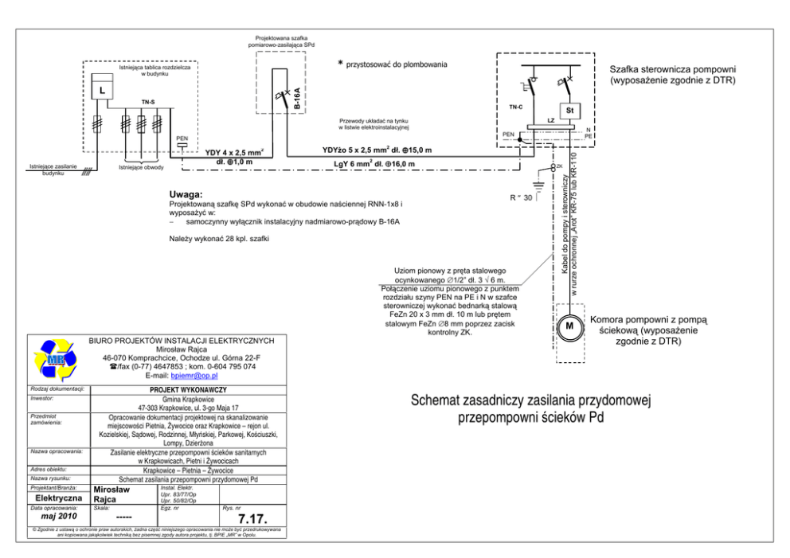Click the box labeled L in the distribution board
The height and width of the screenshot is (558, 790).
[101, 90]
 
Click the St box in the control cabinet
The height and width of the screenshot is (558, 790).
[570, 109]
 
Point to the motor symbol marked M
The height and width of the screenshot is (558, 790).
[569, 326]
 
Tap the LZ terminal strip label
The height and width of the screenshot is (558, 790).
[550, 119]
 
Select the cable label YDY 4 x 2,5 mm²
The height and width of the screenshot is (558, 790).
[234, 150]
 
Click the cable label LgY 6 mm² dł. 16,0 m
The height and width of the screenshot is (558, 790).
[373, 164]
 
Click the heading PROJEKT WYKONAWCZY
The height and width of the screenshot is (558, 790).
[189, 391]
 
